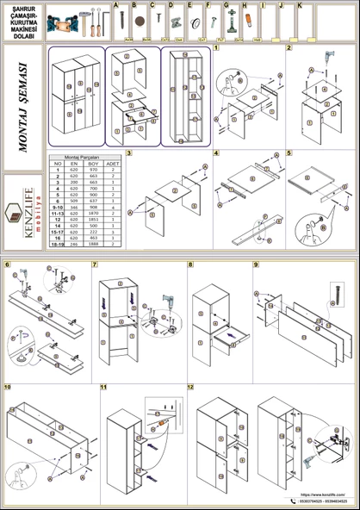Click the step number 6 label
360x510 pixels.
8,264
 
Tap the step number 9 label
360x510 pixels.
256,264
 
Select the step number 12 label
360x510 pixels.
190,387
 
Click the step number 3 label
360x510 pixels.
129,153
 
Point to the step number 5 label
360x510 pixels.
289,153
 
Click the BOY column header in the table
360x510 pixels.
93,163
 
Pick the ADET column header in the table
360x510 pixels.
113,163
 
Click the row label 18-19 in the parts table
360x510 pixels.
58,245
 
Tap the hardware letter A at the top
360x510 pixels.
115,5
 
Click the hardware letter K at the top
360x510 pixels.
299,5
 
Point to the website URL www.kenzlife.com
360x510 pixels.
323,494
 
